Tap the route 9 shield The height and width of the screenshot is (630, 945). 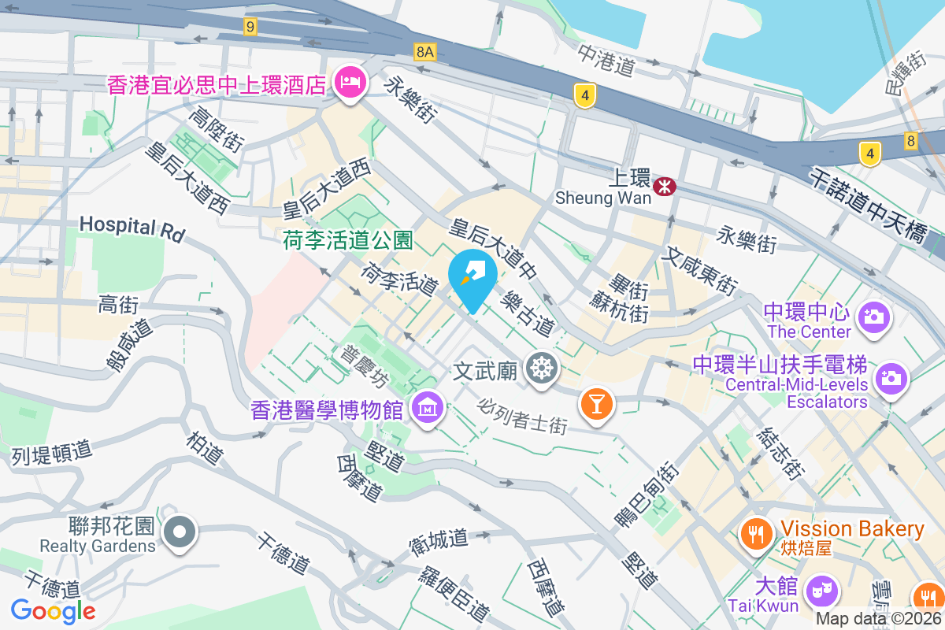250,27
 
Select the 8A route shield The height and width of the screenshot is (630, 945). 424,52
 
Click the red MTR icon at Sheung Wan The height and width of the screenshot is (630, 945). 666,187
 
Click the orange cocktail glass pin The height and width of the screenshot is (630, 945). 596,403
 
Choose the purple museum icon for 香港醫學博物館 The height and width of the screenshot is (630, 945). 427,408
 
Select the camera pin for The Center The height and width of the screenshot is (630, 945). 872,317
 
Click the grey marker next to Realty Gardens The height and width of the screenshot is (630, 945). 180,533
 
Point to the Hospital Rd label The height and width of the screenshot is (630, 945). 132,228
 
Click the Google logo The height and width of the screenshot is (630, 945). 53,610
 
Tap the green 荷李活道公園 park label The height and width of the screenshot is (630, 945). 348,239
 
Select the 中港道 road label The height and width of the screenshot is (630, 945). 606,60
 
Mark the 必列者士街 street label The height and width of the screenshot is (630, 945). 523,414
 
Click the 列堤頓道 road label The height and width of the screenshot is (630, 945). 52,452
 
